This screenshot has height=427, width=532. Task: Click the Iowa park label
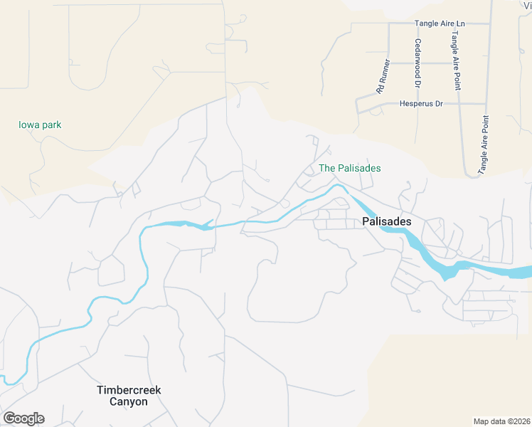pyautogui.click(x=40, y=125)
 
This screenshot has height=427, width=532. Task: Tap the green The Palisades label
pyautogui.click(x=350, y=168)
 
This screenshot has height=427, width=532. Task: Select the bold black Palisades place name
pyautogui.click(x=387, y=221)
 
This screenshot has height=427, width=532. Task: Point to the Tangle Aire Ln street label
pyautogui.click(x=440, y=23)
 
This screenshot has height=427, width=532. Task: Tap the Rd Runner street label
pyautogui.click(x=383, y=76)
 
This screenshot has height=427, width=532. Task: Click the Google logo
pyautogui.click(x=23, y=418)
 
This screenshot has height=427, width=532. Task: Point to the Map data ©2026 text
pyautogui.click(x=501, y=421)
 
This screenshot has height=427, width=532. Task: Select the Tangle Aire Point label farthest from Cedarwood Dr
pyautogui.click(x=484, y=145)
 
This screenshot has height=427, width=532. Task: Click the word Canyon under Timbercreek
pyautogui.click(x=129, y=401)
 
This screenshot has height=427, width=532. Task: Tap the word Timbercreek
pyautogui.click(x=129, y=390)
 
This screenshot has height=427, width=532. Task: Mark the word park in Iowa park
pyautogui.click(x=51, y=125)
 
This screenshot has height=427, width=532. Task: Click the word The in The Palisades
pyautogui.click(x=326, y=168)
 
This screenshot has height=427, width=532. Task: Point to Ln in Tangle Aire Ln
pyautogui.click(x=459, y=23)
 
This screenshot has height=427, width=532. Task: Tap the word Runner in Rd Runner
pyautogui.click(x=385, y=72)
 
